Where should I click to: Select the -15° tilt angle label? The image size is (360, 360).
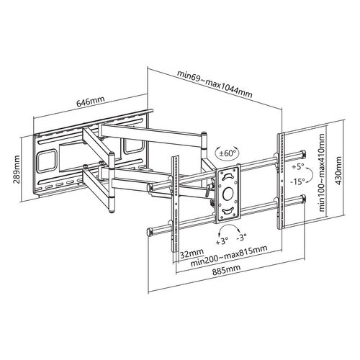298,181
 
